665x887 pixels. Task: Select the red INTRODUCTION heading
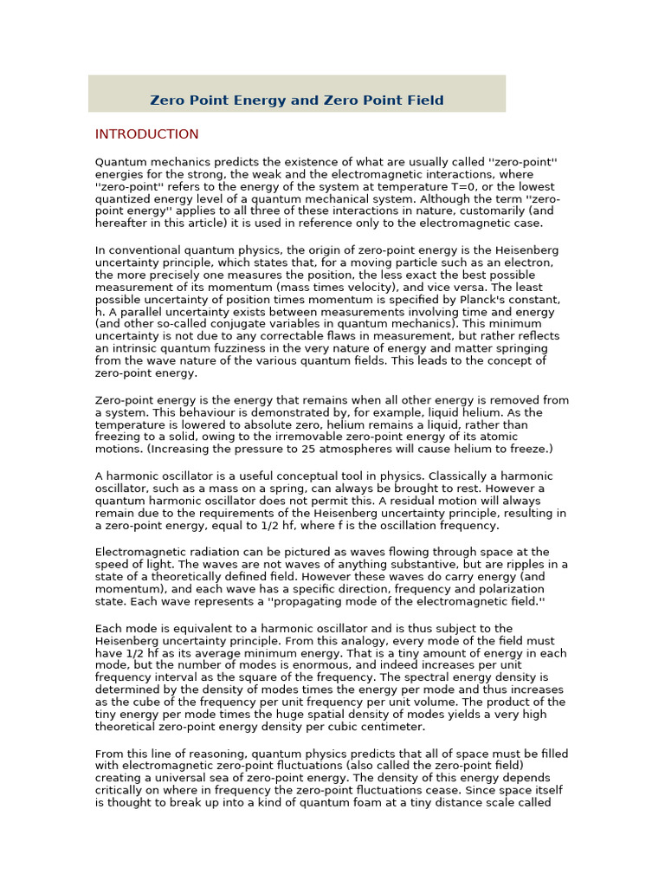tap(146, 134)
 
